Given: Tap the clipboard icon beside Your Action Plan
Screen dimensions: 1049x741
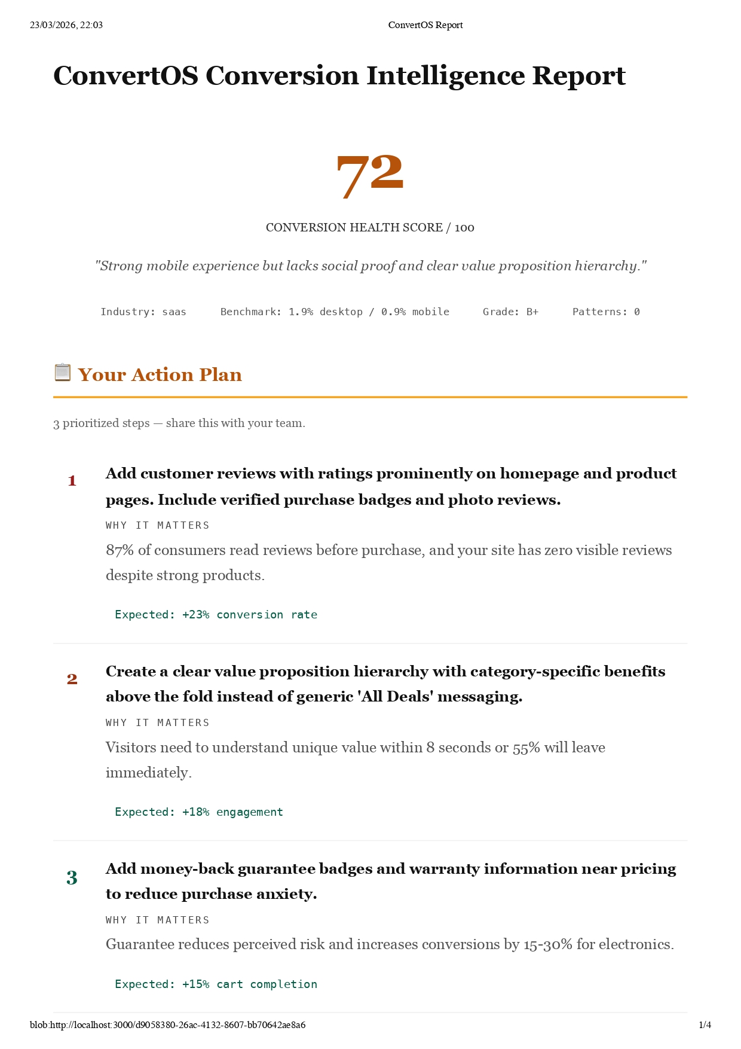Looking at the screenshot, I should pos(62,373).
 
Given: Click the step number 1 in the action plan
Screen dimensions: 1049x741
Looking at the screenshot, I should pos(72,481).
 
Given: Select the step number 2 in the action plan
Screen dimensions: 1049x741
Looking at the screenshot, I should pos(72,679).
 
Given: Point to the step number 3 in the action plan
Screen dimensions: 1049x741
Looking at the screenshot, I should pos(72,878).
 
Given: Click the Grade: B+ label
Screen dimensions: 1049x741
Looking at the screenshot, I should pos(510,312).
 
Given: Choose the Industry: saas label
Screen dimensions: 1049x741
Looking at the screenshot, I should pos(143,312).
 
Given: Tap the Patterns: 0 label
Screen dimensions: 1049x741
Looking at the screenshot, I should pos(606,312).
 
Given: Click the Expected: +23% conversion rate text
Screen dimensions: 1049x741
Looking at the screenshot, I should pos(216,615).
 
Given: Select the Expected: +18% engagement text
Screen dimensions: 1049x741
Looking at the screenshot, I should pos(198,812).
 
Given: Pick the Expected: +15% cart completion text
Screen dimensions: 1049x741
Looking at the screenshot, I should pos(216,984).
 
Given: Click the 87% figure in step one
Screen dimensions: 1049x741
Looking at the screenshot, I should pos(120,550).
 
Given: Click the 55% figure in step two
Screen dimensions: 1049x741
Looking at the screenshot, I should pos(526,748).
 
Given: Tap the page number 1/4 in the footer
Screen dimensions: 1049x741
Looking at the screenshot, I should pos(705,1025).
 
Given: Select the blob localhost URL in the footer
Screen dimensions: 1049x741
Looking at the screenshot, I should pos(167,1025).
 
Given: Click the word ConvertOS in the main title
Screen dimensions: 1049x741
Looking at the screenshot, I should pos(125,76).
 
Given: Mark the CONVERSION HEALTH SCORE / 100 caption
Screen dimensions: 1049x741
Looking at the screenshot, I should pos(370,228).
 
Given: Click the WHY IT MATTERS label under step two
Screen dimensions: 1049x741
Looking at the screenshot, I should pos(157,723).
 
